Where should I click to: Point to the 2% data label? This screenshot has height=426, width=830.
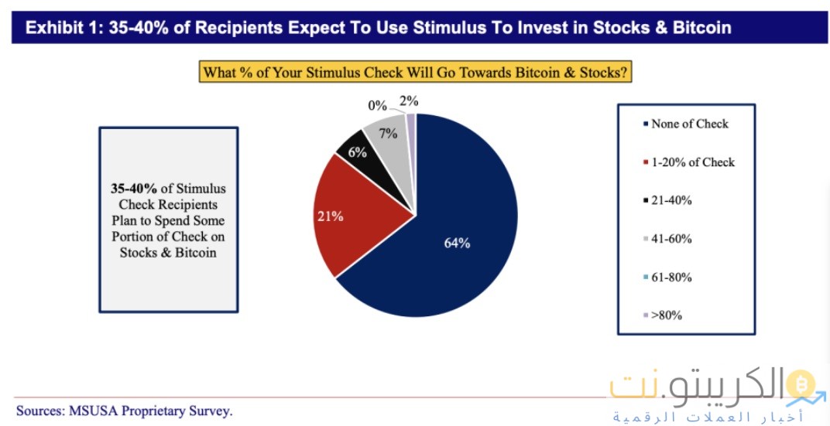point(409,101)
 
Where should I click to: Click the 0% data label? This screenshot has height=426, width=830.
point(377,106)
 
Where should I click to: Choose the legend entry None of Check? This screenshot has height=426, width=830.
point(689,124)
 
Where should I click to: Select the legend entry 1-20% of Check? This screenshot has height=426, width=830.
point(692,162)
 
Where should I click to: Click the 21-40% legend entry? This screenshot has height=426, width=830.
point(671,200)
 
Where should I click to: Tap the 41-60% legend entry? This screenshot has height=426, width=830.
point(671,239)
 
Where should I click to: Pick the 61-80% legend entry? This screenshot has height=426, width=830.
point(671,277)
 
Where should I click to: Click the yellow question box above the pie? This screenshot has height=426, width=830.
point(415,73)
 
